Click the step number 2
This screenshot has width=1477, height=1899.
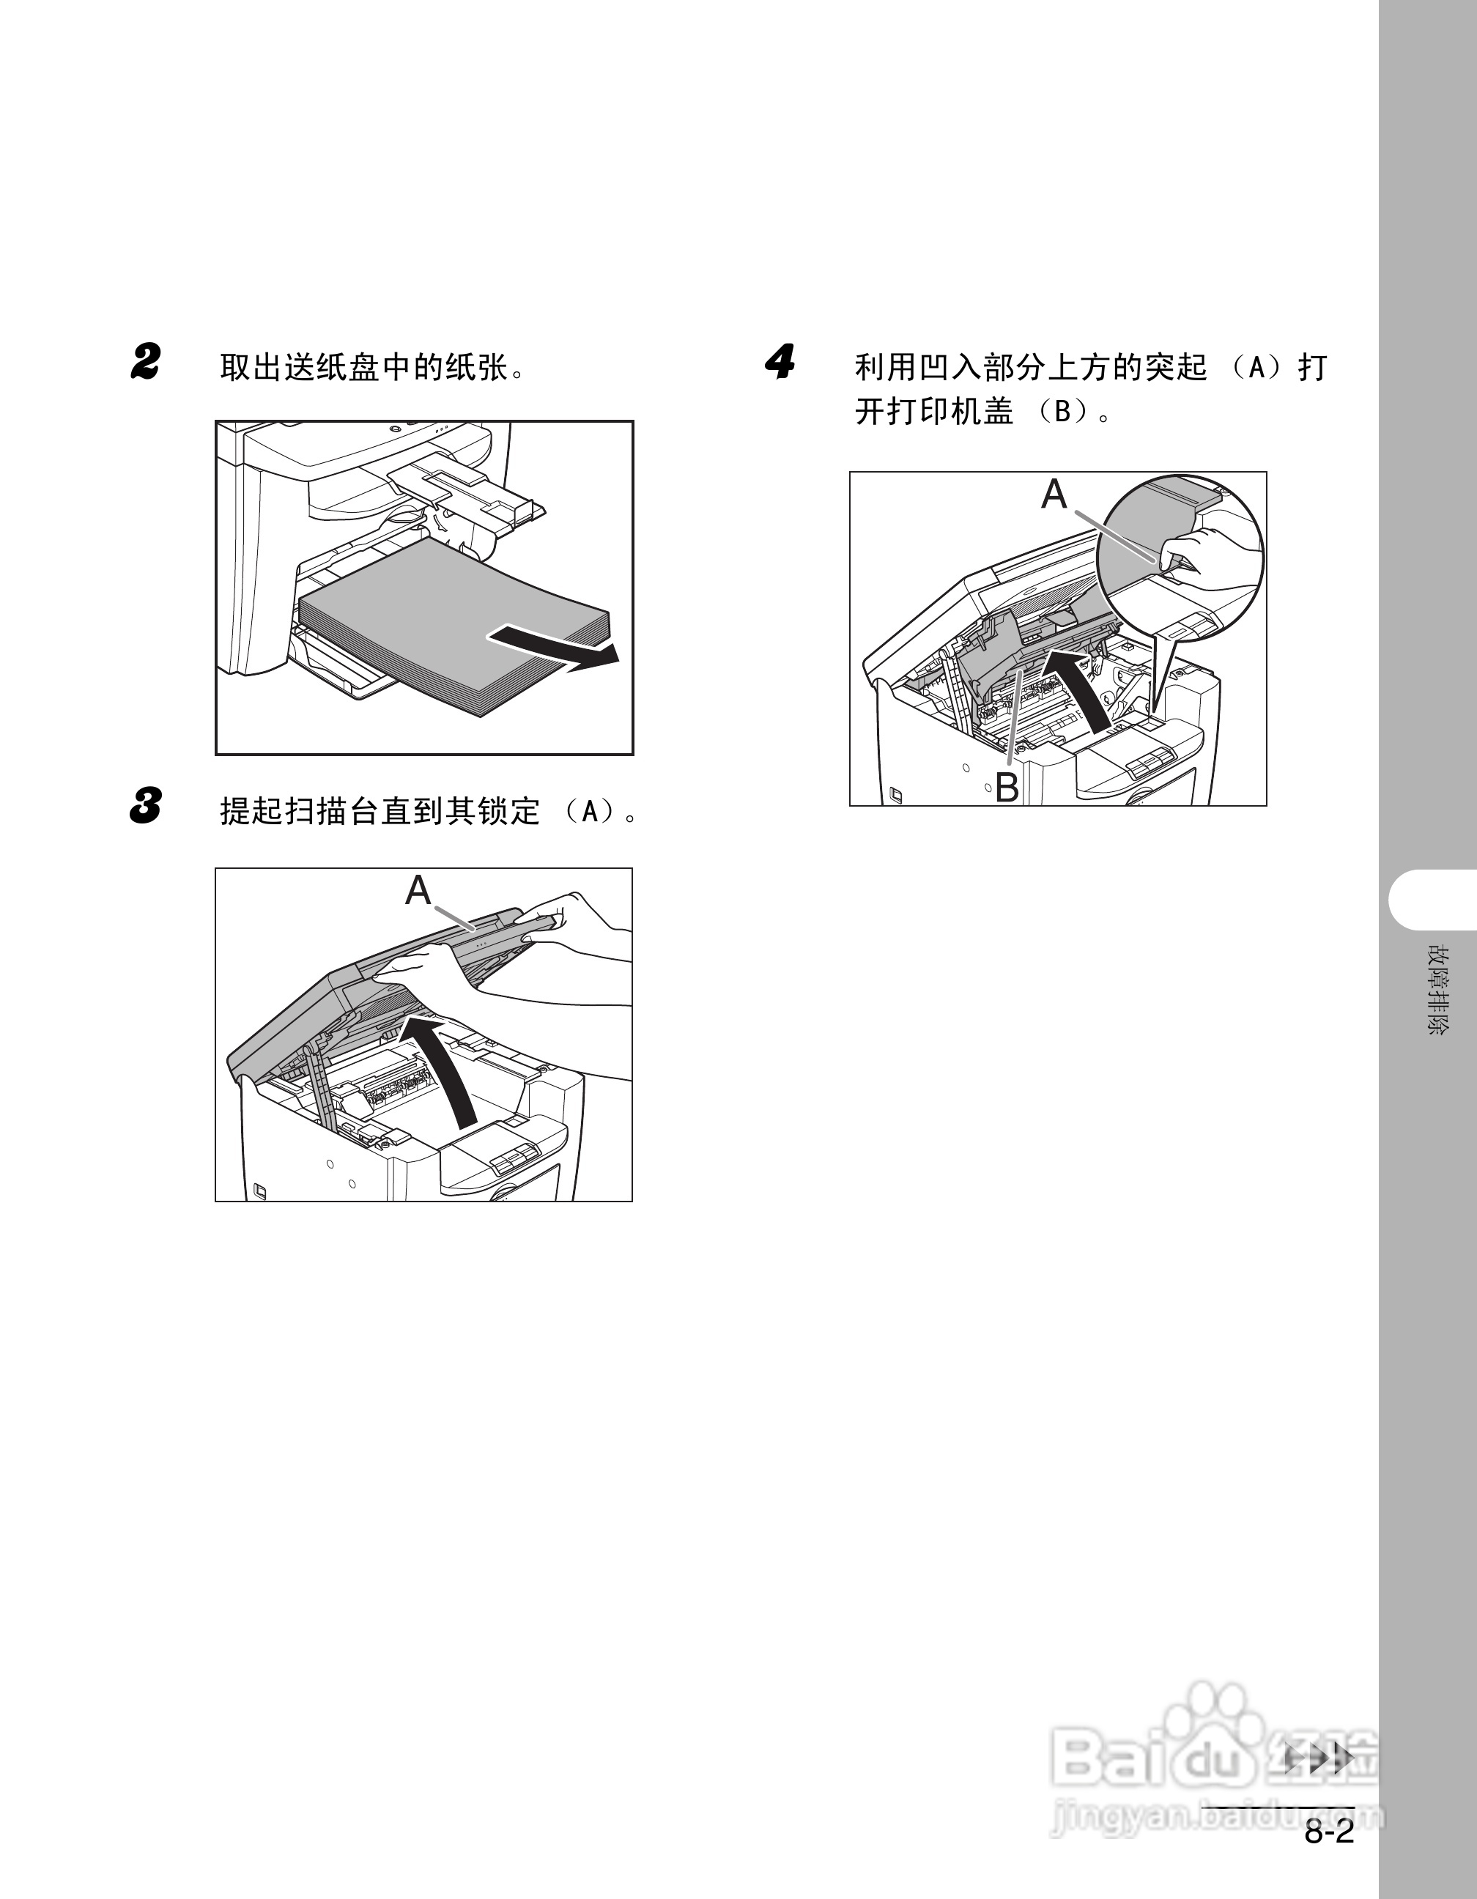click(x=146, y=363)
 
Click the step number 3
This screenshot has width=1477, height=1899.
click(x=146, y=806)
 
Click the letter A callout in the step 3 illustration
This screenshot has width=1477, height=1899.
click(x=418, y=890)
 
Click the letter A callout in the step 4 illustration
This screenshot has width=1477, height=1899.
click(x=1054, y=495)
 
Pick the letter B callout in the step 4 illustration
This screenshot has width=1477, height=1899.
click(x=1007, y=787)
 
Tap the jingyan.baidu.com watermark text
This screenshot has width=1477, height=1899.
click(x=1217, y=1817)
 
